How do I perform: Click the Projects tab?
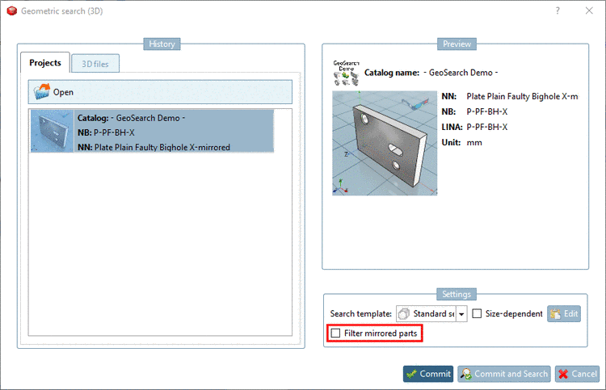(45, 62)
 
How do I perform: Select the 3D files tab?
(95, 64)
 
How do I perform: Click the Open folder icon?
(42, 92)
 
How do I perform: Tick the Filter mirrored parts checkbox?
(336, 333)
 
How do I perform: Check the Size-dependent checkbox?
(477, 313)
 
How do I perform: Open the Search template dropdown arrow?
(461, 314)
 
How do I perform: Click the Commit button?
(428, 374)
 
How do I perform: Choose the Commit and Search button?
(504, 374)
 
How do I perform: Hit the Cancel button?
(577, 374)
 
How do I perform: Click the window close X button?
(589, 10)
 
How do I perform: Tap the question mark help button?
(558, 10)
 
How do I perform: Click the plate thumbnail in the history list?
(53, 132)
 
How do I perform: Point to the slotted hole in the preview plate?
(395, 149)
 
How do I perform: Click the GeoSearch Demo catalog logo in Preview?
(347, 73)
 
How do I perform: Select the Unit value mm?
(474, 142)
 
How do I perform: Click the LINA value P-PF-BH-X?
(487, 127)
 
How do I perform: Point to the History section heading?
(162, 44)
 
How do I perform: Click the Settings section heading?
(457, 294)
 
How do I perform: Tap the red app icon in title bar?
(12, 10)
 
